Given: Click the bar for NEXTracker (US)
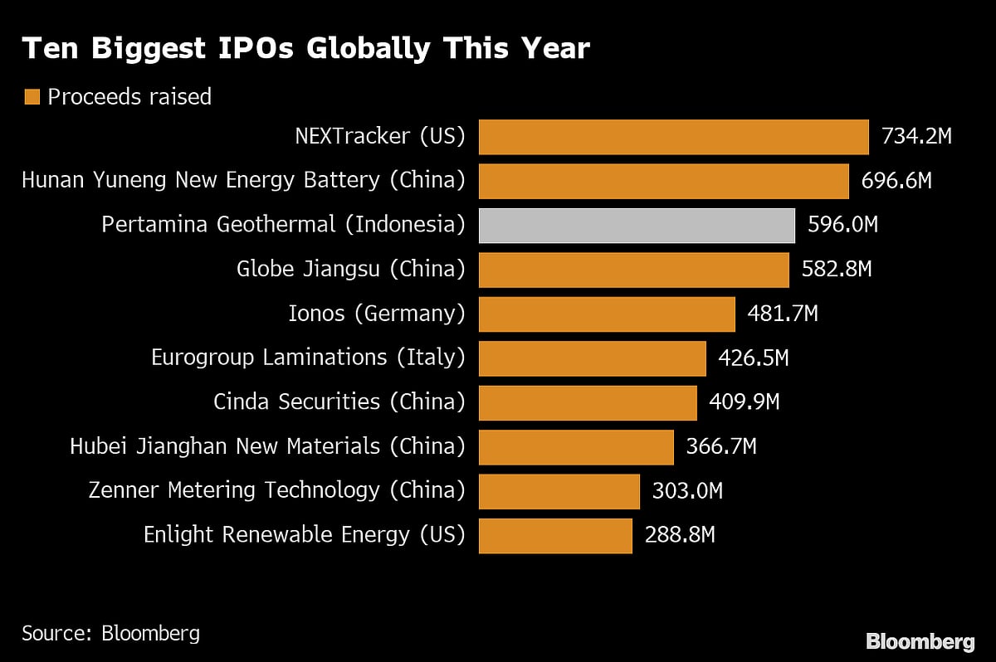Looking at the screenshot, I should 673,137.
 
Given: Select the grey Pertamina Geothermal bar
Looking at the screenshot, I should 637,226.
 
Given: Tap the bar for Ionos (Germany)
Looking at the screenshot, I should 607,314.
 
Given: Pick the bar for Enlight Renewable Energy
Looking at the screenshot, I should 555,536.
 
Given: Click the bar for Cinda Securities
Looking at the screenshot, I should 588,403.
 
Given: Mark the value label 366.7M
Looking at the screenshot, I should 720,447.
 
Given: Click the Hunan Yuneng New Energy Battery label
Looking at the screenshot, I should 243,180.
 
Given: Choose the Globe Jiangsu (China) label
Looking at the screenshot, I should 350,269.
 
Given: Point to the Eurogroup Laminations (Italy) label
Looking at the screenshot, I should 308,358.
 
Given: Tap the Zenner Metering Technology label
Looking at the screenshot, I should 276,490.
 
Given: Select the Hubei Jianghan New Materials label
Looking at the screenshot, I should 267,446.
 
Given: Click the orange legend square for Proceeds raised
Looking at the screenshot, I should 32,97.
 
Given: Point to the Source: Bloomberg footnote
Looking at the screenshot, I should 110,634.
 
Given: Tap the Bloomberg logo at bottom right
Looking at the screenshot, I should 920,641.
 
